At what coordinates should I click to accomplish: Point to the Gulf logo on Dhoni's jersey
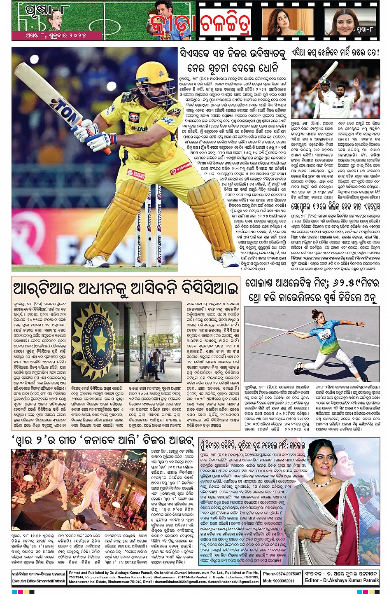click(x=134, y=117)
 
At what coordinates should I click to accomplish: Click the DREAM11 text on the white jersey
click(x=338, y=107)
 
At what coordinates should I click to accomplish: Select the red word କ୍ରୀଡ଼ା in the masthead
click(x=172, y=26)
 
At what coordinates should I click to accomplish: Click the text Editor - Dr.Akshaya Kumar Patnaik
click(x=342, y=580)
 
